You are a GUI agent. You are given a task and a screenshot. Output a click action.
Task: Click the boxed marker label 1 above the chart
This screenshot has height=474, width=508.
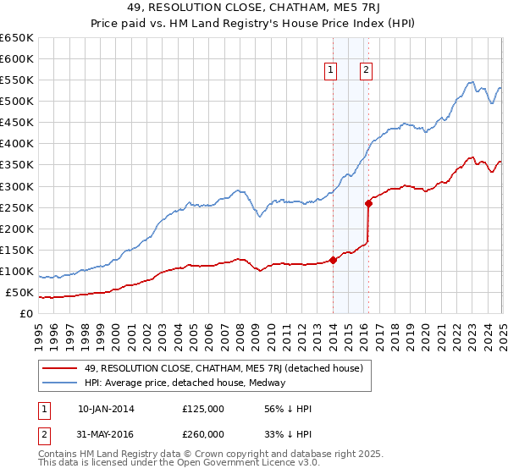tap(330, 71)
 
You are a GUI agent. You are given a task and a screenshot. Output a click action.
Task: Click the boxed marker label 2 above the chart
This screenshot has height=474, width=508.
tap(366, 71)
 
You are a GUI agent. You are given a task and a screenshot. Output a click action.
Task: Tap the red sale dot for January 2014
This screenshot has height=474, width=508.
tap(333, 260)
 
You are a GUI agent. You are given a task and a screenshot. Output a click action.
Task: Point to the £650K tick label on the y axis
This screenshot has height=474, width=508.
tap(17, 38)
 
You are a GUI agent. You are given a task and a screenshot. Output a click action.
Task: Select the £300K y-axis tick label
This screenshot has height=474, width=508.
tap(17, 186)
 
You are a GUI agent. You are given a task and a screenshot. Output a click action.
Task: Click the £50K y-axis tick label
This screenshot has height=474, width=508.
tap(19, 293)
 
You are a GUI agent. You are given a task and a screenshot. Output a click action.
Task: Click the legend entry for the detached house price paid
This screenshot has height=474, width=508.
tap(224, 368)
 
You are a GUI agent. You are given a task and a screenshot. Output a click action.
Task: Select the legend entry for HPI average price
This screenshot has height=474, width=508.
tap(185, 383)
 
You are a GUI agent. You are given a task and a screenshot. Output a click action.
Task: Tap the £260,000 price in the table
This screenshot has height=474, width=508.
tap(203, 434)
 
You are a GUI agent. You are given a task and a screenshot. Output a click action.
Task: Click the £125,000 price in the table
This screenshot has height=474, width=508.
tap(203, 409)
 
